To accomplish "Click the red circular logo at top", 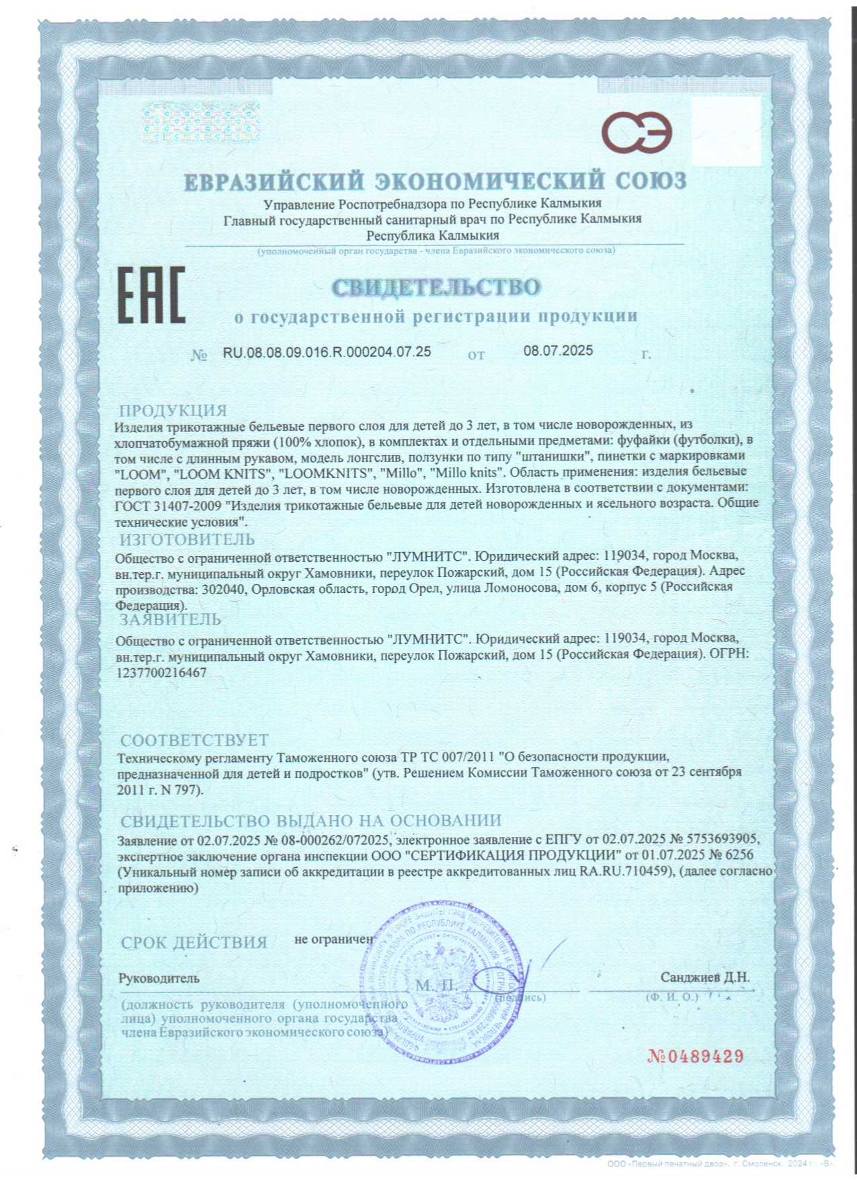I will pos(636,132).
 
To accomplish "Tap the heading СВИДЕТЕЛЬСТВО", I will pos(436,287).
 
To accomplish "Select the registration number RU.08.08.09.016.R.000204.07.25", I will pos(327,352).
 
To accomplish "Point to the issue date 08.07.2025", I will pos(558,350).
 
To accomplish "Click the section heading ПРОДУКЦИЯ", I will pos(173,410).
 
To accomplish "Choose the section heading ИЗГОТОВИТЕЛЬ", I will pos(187,539).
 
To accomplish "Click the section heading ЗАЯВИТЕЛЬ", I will pos(170,619).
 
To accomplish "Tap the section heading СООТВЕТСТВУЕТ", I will pos(194,741).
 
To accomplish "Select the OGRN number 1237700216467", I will pos(161,672).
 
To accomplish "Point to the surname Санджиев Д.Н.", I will pos(704,977).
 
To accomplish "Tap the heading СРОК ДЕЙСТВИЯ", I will pos(194,943).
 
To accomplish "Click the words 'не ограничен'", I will pos(333,939).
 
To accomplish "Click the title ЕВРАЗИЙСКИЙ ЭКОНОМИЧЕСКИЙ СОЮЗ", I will pos(436,181).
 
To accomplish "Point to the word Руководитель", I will pos(159,978).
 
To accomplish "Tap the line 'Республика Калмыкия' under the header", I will pos(432,235).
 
